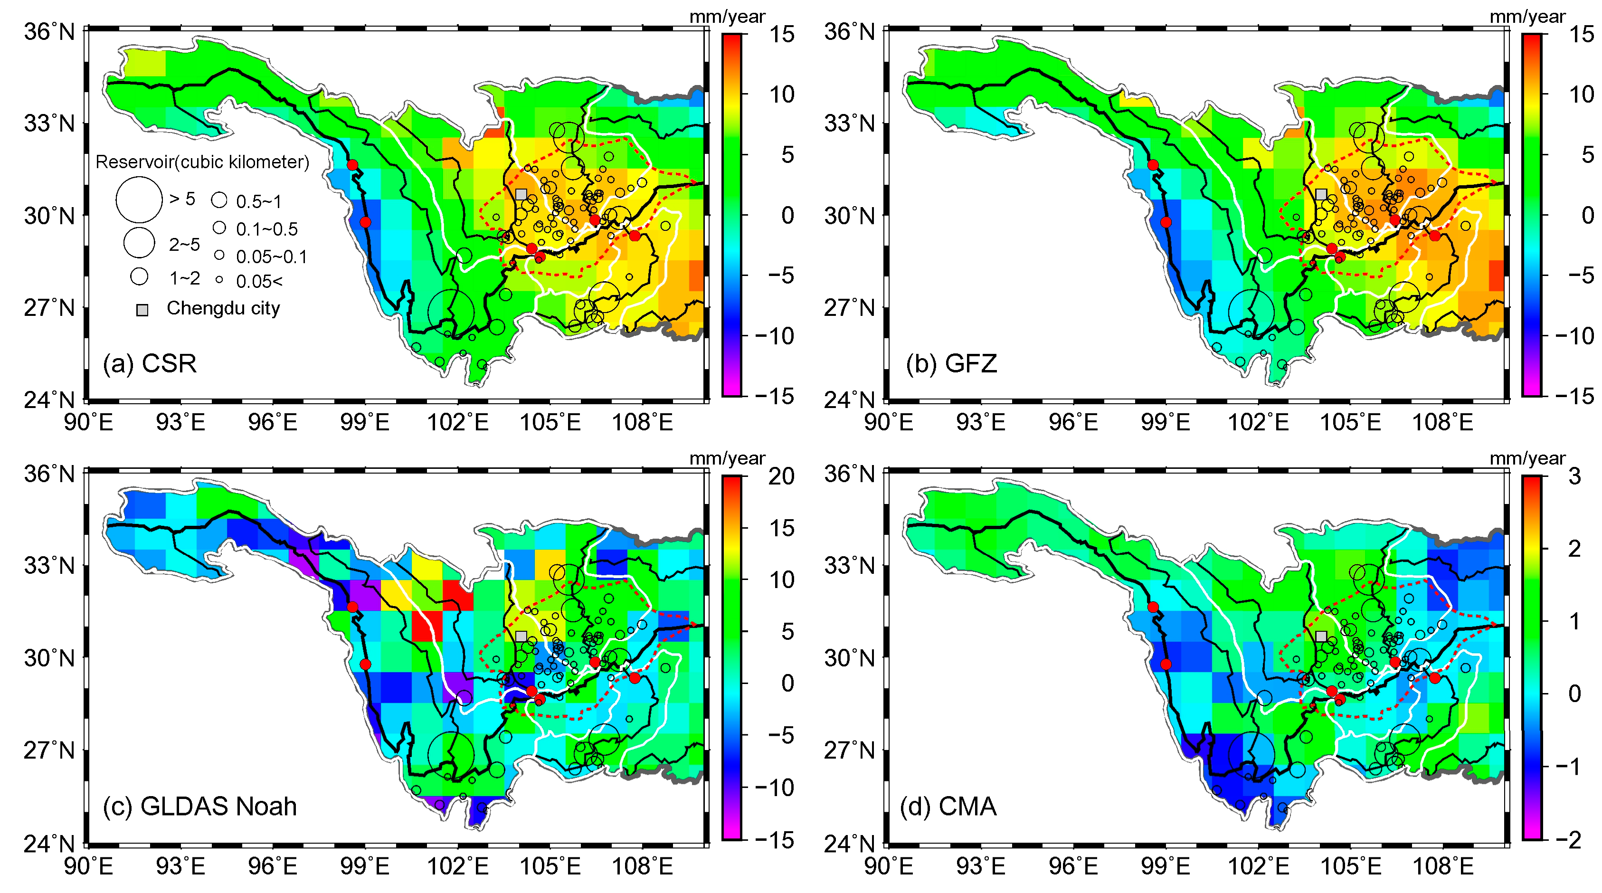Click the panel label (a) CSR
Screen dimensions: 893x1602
tap(150, 363)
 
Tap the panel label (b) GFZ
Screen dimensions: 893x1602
tap(951, 363)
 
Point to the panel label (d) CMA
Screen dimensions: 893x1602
tap(948, 806)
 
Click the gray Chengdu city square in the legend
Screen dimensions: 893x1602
tap(142, 310)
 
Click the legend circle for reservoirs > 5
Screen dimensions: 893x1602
tap(139, 199)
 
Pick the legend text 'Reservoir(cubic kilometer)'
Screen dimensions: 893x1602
tap(202, 162)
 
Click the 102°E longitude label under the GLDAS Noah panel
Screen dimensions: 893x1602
tap(458, 865)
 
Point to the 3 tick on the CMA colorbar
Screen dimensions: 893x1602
tap(1574, 476)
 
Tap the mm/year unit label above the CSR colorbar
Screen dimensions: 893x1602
tap(727, 17)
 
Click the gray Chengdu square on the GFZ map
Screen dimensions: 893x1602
tap(1321, 194)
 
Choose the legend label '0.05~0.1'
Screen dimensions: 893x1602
tap(271, 257)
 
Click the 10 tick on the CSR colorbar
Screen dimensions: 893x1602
tap(781, 95)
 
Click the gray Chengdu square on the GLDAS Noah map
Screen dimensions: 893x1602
tap(521, 636)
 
